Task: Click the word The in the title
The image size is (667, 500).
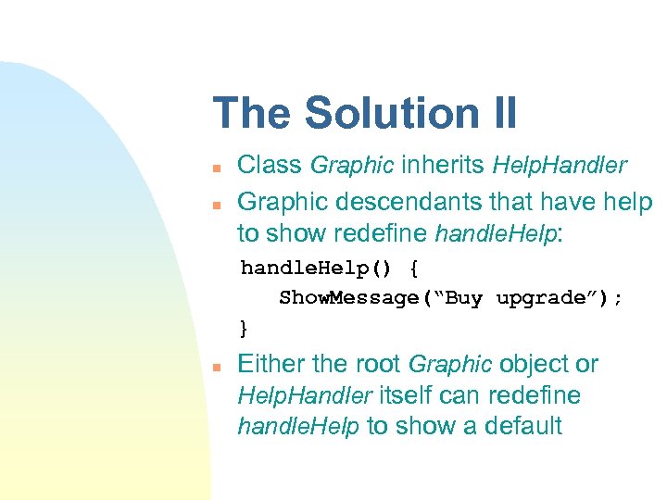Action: (x=253, y=113)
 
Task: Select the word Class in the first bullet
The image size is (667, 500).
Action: (x=270, y=166)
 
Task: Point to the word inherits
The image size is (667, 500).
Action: (x=443, y=166)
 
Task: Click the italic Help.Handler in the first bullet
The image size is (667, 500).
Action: (x=560, y=166)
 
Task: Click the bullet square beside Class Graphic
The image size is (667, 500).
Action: (x=215, y=169)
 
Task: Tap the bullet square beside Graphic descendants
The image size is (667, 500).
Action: (x=215, y=205)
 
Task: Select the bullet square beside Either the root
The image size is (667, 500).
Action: (x=215, y=368)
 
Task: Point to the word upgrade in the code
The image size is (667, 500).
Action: (x=542, y=298)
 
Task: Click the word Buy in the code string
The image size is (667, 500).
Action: (x=465, y=298)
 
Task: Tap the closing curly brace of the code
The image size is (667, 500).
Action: (x=244, y=328)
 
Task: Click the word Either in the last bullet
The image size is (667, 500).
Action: (x=271, y=364)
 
